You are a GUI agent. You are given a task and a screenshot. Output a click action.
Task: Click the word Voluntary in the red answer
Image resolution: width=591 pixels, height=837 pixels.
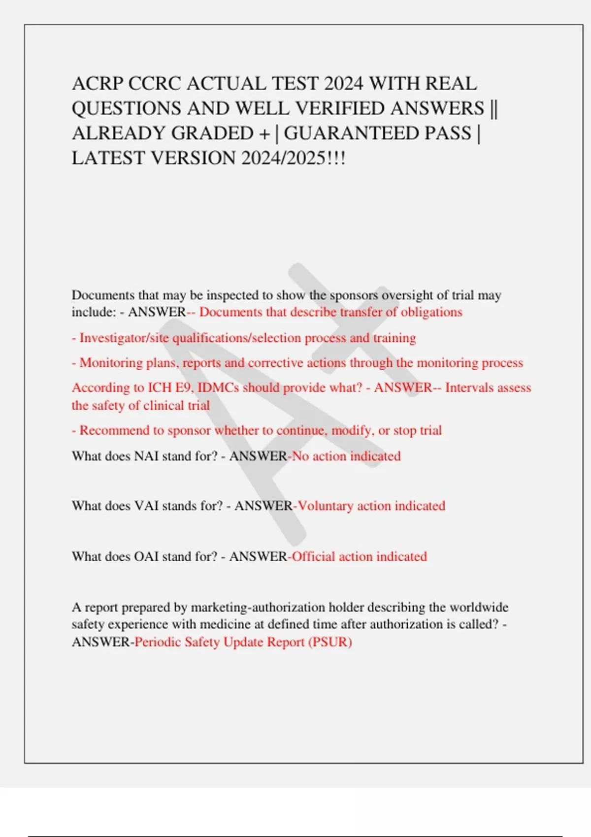(326, 506)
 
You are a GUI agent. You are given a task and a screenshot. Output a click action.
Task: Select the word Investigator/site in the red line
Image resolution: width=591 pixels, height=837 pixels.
(124, 338)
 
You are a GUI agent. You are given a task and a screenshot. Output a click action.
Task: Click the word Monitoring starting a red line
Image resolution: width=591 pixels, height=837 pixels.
(111, 363)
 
